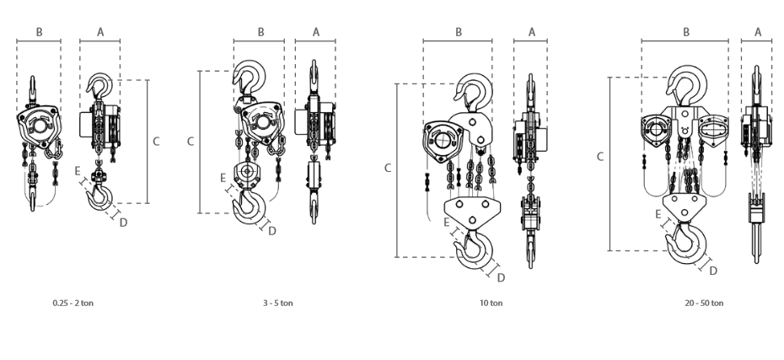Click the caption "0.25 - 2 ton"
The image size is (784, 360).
(x=73, y=303)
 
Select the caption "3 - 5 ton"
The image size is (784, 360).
(x=278, y=303)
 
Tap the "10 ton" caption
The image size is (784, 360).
(x=491, y=303)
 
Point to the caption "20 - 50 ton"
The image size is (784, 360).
(x=704, y=303)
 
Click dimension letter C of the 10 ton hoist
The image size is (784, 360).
(x=388, y=169)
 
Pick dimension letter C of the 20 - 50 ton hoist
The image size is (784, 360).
(x=600, y=157)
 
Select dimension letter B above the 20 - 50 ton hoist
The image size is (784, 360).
(x=686, y=33)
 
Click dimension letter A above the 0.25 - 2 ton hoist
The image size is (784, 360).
(x=100, y=33)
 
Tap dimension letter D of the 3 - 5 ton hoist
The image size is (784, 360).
(x=272, y=231)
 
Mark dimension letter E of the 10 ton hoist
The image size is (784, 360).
(x=447, y=223)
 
